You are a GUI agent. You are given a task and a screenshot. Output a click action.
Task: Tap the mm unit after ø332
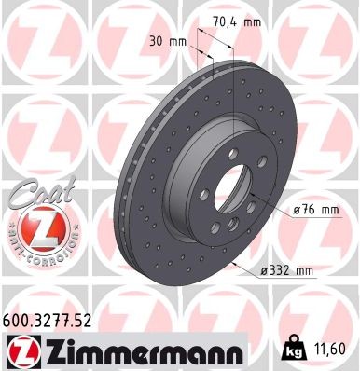coord(304,270)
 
